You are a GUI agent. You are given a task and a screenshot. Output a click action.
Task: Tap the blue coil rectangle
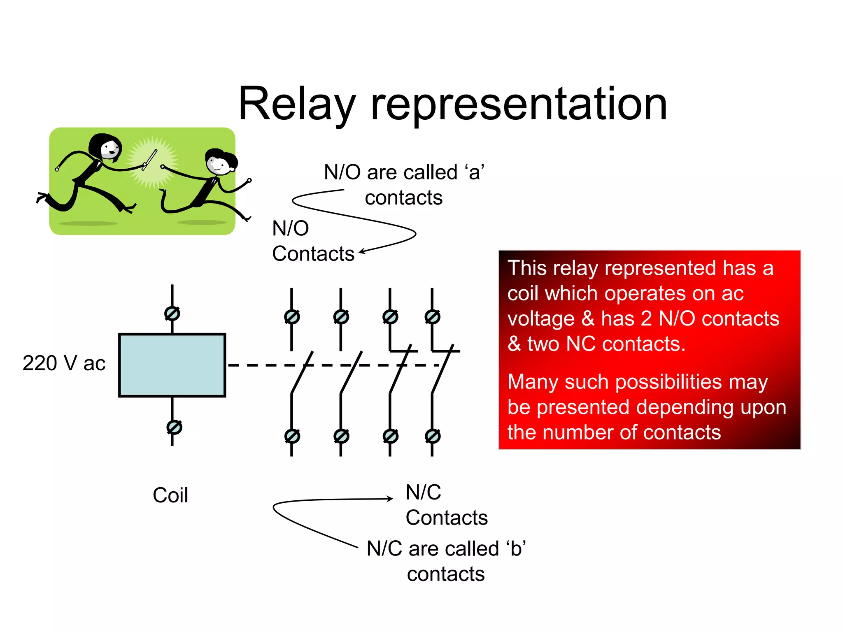click(x=172, y=365)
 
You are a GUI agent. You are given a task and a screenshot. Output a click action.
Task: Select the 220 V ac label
click(x=64, y=363)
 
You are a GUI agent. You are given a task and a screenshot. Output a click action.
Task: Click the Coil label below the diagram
click(x=170, y=495)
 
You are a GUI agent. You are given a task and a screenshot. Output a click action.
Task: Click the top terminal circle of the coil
click(x=172, y=314)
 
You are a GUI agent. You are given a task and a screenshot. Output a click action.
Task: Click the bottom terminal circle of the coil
click(x=174, y=427)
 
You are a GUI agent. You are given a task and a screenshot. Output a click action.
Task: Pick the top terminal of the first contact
click(x=292, y=317)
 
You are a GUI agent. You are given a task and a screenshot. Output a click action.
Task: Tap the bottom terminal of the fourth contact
click(x=433, y=436)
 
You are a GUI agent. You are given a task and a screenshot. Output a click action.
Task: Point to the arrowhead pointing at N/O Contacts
click(x=362, y=252)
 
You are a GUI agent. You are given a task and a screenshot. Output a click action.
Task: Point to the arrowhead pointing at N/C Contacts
click(x=390, y=499)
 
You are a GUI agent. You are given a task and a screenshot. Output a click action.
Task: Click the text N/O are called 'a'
click(x=404, y=172)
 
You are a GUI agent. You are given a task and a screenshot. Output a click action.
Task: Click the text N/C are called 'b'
click(x=446, y=548)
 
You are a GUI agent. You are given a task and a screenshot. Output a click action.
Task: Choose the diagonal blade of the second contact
click(x=351, y=372)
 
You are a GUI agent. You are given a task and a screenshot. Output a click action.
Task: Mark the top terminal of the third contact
click(x=390, y=317)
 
